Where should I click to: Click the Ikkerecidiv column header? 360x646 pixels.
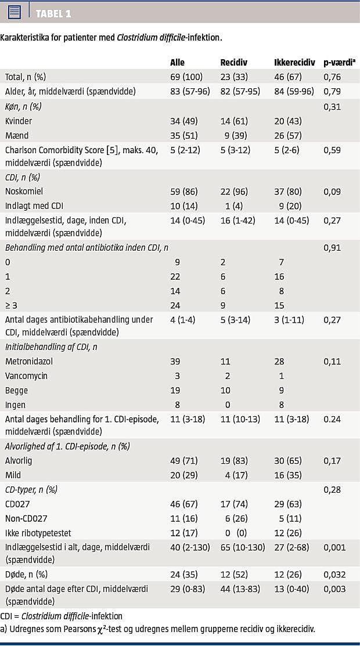click(294, 62)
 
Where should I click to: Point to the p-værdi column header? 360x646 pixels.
click(340, 62)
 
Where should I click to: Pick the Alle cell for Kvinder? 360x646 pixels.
click(182, 121)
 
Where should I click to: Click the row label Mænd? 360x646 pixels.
click(16, 136)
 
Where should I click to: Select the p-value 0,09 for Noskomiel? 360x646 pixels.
click(332, 192)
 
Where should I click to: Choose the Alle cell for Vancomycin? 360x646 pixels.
click(177, 376)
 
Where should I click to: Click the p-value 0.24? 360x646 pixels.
click(332, 419)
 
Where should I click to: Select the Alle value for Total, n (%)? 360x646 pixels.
click(186, 77)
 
